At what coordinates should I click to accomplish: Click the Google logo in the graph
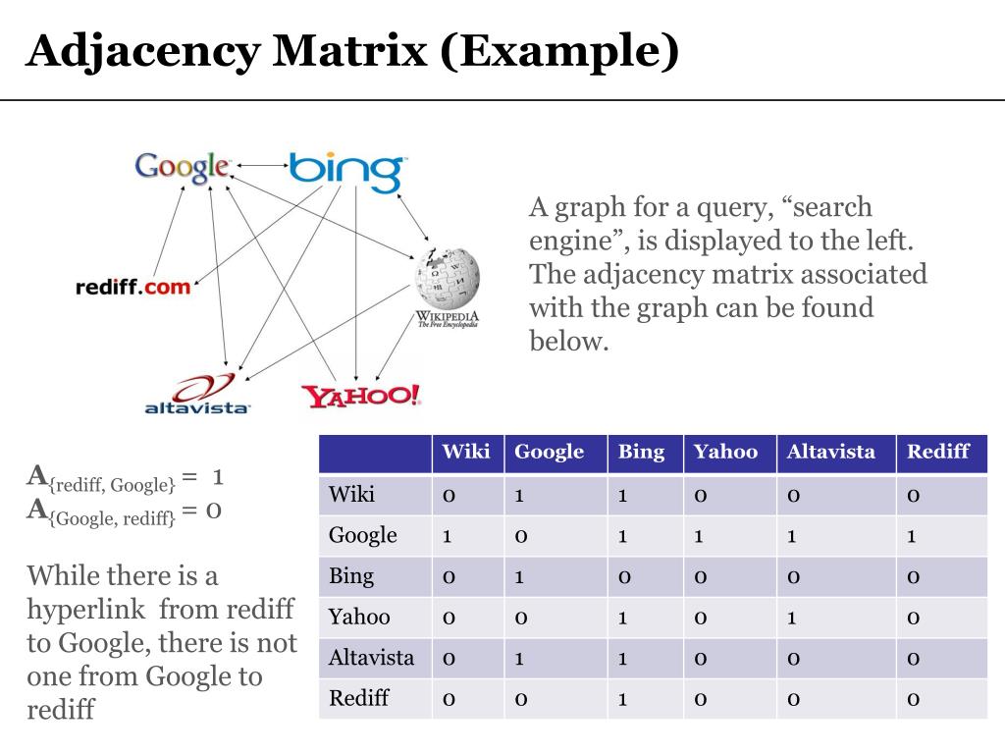tap(183, 167)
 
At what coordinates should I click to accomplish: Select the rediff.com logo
tap(132, 288)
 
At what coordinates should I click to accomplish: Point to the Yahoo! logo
tap(361, 395)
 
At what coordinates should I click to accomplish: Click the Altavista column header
tap(830, 453)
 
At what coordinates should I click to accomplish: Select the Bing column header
tap(641, 453)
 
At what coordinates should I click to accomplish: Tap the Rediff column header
tap(937, 453)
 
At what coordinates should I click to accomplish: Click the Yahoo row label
tap(359, 618)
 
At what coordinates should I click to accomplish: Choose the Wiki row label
tap(351, 494)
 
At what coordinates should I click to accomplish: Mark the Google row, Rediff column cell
tap(912, 536)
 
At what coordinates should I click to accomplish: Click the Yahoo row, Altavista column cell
tap(791, 618)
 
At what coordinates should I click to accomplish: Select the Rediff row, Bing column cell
tap(622, 699)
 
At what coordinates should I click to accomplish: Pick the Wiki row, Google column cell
tap(519, 495)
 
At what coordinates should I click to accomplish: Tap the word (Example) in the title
tap(558, 51)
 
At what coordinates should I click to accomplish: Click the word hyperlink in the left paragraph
tap(87, 609)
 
